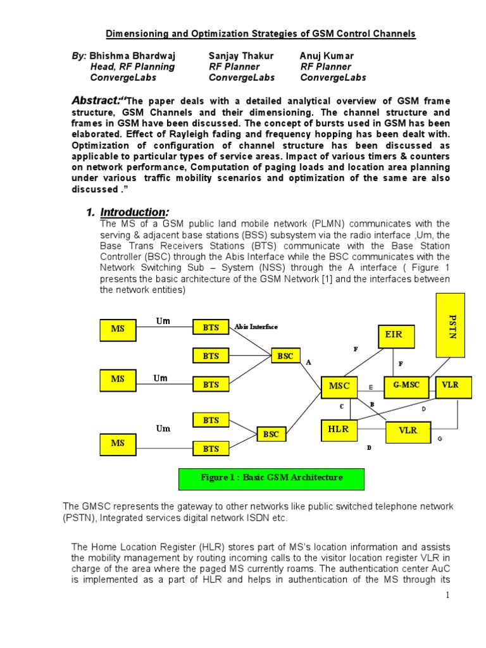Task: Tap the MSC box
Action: click(339, 386)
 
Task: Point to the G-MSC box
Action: click(406, 385)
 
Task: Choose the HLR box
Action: click(339, 430)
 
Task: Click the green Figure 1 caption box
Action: click(271, 478)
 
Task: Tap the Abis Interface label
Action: click(256, 327)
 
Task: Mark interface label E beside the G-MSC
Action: click(371, 387)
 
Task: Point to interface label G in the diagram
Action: click(440, 439)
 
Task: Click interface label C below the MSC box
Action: click(341, 406)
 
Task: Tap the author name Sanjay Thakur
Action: click(240, 56)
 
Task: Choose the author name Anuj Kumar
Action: click(327, 56)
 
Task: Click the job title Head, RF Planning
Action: click(132, 66)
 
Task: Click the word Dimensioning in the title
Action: click(140, 34)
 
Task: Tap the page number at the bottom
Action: click(447, 595)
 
